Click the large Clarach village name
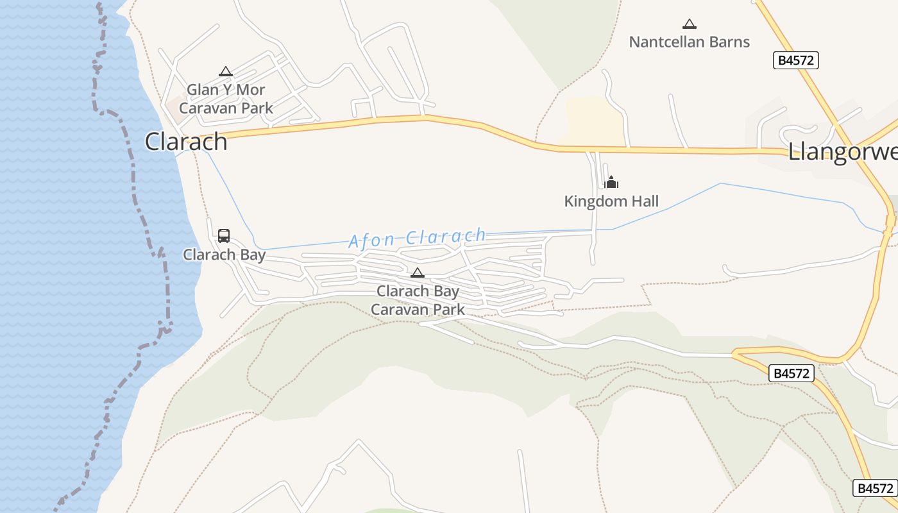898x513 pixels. coord(186,142)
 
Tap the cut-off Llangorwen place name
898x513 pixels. coord(842,153)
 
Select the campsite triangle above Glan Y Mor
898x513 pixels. coord(225,71)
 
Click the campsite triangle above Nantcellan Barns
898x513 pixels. coord(690,24)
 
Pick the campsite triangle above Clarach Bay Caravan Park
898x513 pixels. coord(418,273)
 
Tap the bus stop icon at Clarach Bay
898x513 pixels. coord(224,236)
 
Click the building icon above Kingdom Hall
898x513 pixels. coord(611,183)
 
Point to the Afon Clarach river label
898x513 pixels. coord(417,238)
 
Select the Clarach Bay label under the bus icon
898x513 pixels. coord(224,255)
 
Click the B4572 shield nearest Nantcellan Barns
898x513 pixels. coord(796,60)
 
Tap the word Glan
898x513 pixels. coord(203,90)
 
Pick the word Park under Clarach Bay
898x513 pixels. coord(449,310)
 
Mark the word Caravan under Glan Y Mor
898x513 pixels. coord(206,108)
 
